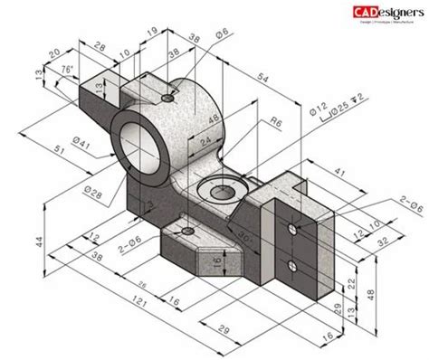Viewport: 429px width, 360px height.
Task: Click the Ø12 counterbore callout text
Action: (x=313, y=114)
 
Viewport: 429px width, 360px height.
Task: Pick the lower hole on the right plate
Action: (x=292, y=264)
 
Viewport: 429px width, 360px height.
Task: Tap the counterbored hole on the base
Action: (x=216, y=191)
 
